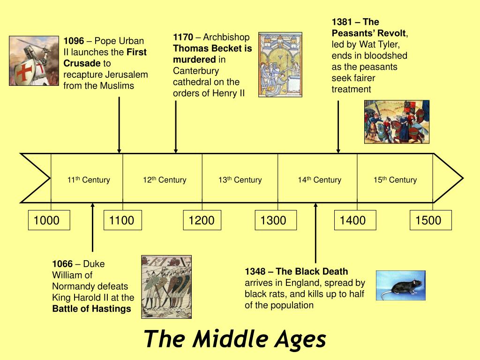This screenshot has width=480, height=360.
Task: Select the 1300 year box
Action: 276,220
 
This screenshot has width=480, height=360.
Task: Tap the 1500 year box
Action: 431,220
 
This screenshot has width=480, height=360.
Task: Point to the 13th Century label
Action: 240,180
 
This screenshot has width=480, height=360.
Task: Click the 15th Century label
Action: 395,180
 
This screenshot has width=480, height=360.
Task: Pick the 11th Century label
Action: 89,180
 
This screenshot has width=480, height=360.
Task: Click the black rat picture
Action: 400,285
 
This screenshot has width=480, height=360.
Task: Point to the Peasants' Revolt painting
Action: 397,121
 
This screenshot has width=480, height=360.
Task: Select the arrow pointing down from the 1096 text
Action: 120,125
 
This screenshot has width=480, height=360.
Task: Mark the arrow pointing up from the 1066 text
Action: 93,227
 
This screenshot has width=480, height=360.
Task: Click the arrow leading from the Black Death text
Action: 315,232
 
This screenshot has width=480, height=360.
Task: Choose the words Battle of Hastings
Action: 92,309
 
